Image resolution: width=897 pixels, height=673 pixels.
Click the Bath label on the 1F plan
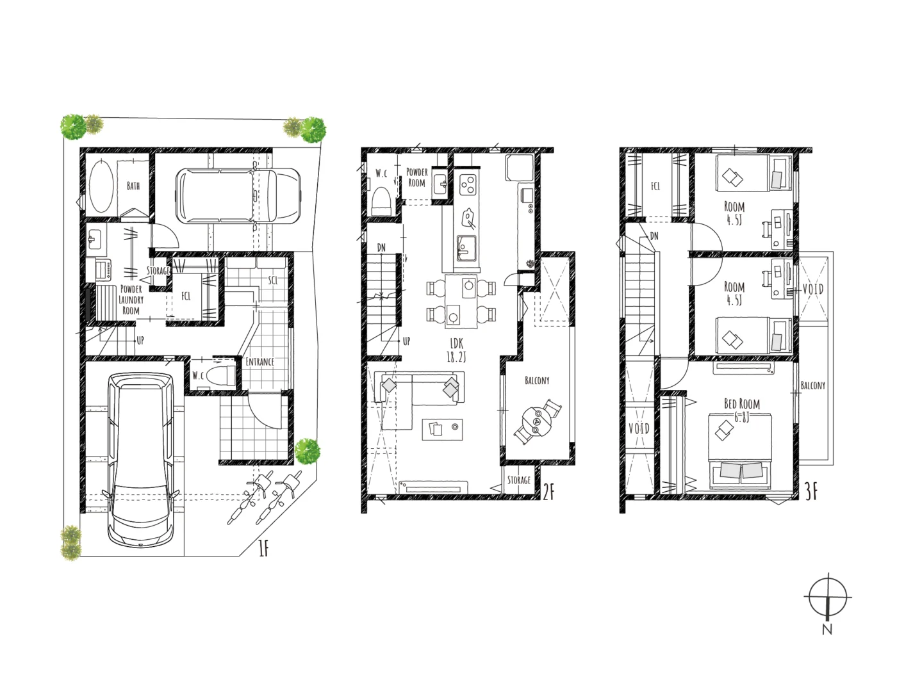(133, 186)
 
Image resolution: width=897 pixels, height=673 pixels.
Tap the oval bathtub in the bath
(101, 186)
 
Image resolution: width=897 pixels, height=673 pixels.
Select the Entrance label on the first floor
(260, 362)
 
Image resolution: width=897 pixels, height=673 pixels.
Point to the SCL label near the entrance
(273, 280)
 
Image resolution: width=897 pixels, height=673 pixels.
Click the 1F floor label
(264, 548)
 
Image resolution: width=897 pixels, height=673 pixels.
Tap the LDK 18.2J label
(456, 350)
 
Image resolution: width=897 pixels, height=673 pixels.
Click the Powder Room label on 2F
(417, 177)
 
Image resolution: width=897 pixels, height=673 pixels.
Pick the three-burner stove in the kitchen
(468, 184)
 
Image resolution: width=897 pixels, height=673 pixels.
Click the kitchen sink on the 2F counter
(466, 247)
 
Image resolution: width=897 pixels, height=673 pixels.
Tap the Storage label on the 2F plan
(519, 480)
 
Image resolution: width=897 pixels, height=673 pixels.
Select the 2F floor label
(549, 491)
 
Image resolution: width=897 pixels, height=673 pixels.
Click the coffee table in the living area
(443, 429)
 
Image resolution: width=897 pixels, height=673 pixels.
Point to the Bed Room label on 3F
(742, 404)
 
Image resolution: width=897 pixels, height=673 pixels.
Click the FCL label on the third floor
(655, 186)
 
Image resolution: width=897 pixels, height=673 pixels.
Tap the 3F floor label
(811, 491)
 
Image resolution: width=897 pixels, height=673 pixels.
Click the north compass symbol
(828, 599)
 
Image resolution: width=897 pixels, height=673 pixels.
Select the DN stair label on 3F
(654, 236)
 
